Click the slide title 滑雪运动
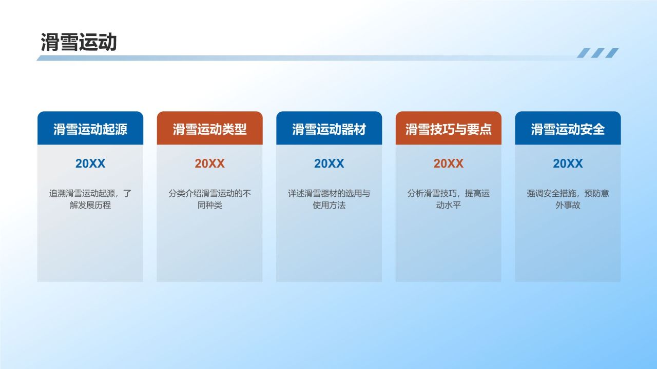(79, 43)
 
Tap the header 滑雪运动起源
(90, 129)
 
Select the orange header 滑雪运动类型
(209, 129)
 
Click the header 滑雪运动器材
(329, 129)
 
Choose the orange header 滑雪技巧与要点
(448, 129)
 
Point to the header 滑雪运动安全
(568, 129)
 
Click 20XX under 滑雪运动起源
(90, 163)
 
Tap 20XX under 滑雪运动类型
(209, 163)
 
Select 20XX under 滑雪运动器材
(329, 163)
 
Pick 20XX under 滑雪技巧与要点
(448, 163)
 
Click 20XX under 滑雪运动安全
(568, 163)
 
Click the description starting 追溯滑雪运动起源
(90, 194)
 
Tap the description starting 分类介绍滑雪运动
(209, 194)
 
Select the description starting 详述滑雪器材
(329, 194)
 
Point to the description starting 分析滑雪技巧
(448, 194)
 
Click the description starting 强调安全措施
(568, 194)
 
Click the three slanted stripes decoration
(597, 53)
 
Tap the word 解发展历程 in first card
(90, 206)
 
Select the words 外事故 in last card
(568, 206)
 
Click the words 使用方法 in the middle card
(329, 206)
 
